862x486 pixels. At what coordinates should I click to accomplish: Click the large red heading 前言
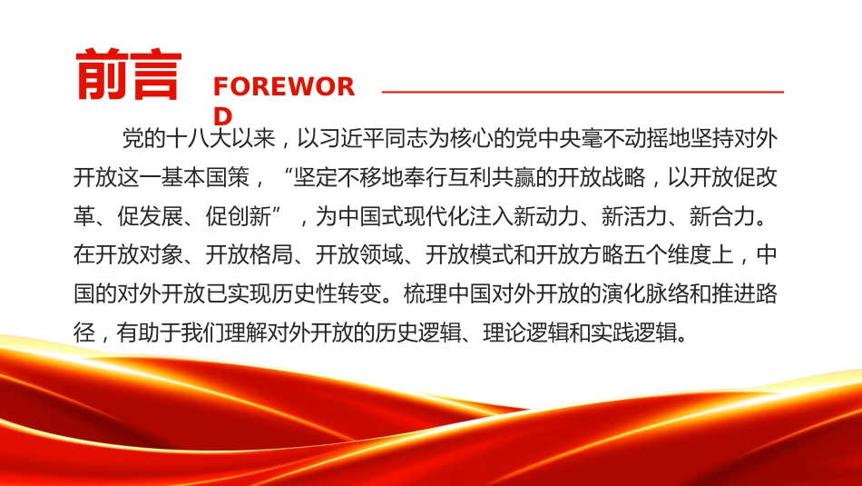[129, 74]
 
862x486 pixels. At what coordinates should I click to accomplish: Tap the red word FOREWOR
[284, 87]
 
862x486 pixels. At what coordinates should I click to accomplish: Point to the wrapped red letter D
[222, 116]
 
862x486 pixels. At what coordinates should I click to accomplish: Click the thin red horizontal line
[583, 92]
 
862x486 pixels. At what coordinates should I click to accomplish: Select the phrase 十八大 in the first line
[199, 138]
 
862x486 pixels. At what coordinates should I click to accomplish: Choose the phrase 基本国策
[206, 177]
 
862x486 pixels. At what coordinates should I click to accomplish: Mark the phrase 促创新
[239, 216]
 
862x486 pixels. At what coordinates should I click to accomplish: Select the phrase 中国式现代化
[404, 216]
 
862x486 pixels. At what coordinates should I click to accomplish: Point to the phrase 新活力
[634, 216]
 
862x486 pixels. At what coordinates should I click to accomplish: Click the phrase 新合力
[722, 216]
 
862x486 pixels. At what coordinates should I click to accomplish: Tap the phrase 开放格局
[250, 255]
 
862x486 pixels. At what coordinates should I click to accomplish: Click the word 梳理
[426, 294]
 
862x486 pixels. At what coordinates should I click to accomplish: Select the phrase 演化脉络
[645, 294]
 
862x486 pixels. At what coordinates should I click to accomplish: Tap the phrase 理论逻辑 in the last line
[526, 332]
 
